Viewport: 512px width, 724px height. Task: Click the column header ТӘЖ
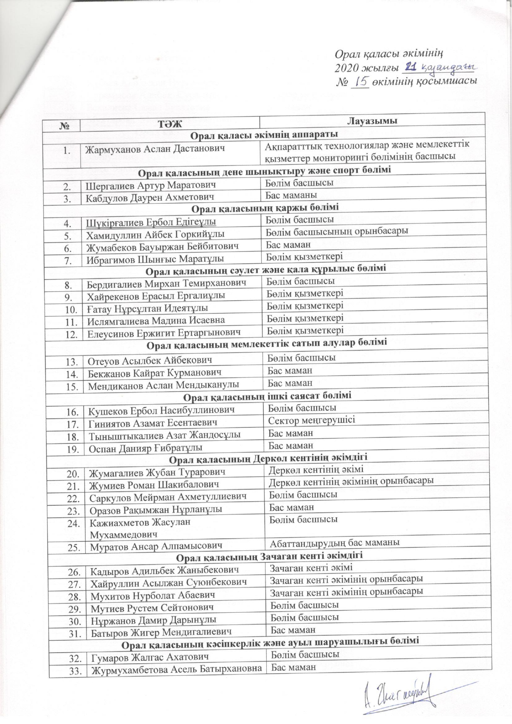click(169, 123)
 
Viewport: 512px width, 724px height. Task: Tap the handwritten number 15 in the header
click(360, 81)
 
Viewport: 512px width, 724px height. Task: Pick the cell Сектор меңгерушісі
click(311, 420)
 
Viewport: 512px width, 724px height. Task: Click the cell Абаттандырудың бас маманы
click(334, 542)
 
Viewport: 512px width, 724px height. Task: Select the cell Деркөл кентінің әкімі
click(316, 469)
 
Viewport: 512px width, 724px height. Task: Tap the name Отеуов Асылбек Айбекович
click(150, 361)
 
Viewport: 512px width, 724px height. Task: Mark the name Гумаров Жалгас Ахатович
click(150, 656)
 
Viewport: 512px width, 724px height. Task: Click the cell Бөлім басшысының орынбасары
click(337, 231)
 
